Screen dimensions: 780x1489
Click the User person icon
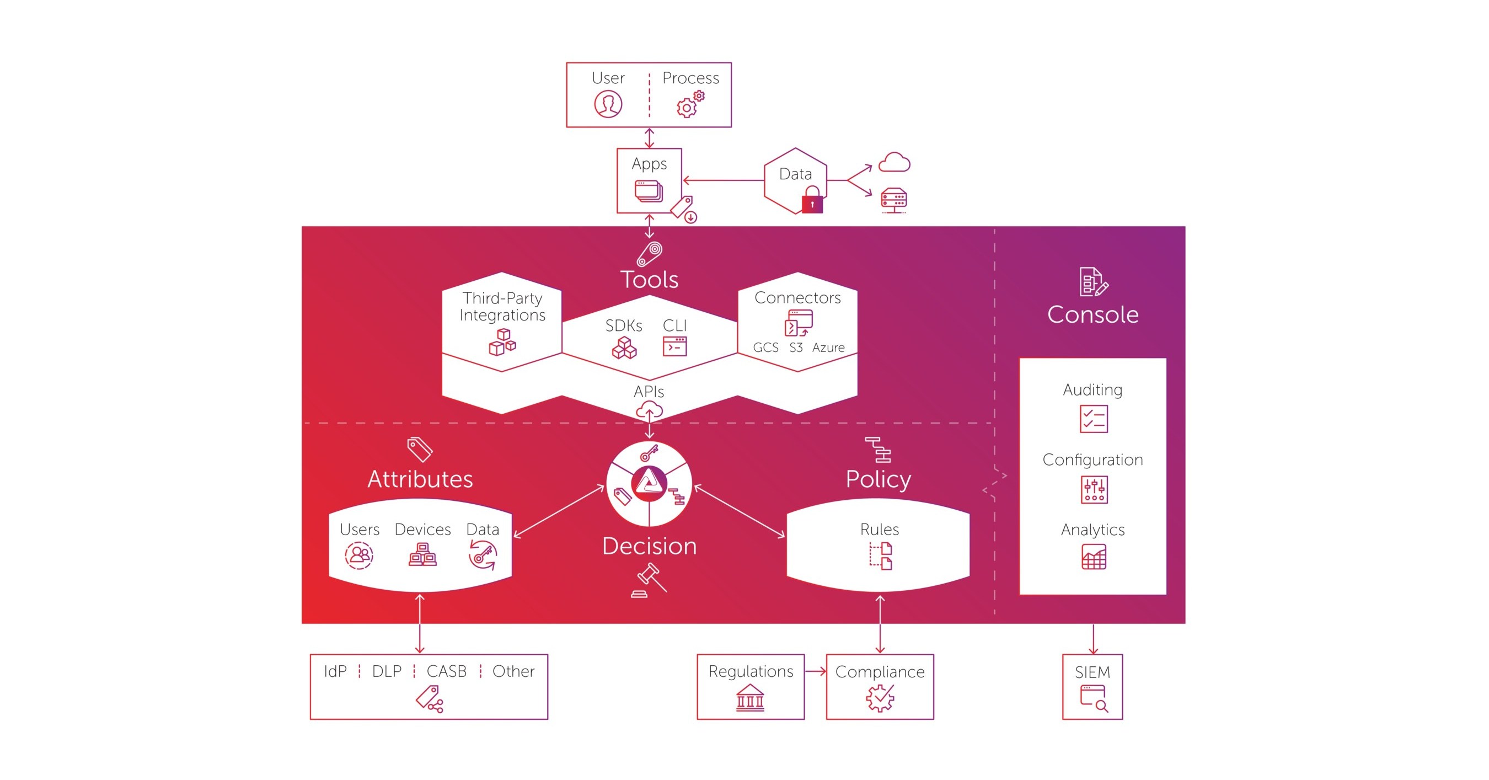608,104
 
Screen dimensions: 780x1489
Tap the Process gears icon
690,105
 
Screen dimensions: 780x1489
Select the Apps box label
649,164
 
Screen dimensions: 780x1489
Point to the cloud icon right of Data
893,163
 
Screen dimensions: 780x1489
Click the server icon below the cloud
893,200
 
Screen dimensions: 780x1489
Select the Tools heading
649,280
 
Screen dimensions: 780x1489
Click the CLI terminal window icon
674,346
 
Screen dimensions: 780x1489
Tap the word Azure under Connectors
828,348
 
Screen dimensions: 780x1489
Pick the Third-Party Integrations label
502,307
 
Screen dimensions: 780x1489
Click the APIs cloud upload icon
649,411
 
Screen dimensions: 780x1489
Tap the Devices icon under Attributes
422,554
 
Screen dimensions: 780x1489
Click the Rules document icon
880,556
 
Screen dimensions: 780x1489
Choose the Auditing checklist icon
1093,419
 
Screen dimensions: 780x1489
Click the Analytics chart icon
1093,557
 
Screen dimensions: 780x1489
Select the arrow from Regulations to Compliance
815,671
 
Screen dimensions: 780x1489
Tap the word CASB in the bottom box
446,671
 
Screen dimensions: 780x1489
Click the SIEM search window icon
1093,698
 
